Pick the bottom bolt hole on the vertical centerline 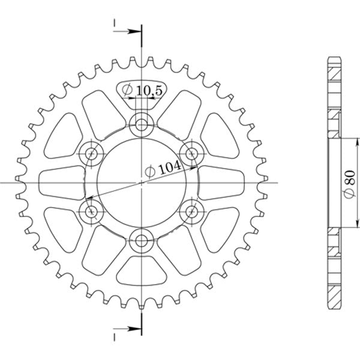[x=142, y=241]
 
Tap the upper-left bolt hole [x=92, y=154]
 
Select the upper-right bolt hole [x=192, y=154]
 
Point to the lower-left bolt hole [x=92, y=211]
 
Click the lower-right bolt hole [x=192, y=211]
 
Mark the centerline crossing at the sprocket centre [x=142, y=182]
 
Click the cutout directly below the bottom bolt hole [x=142, y=273]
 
